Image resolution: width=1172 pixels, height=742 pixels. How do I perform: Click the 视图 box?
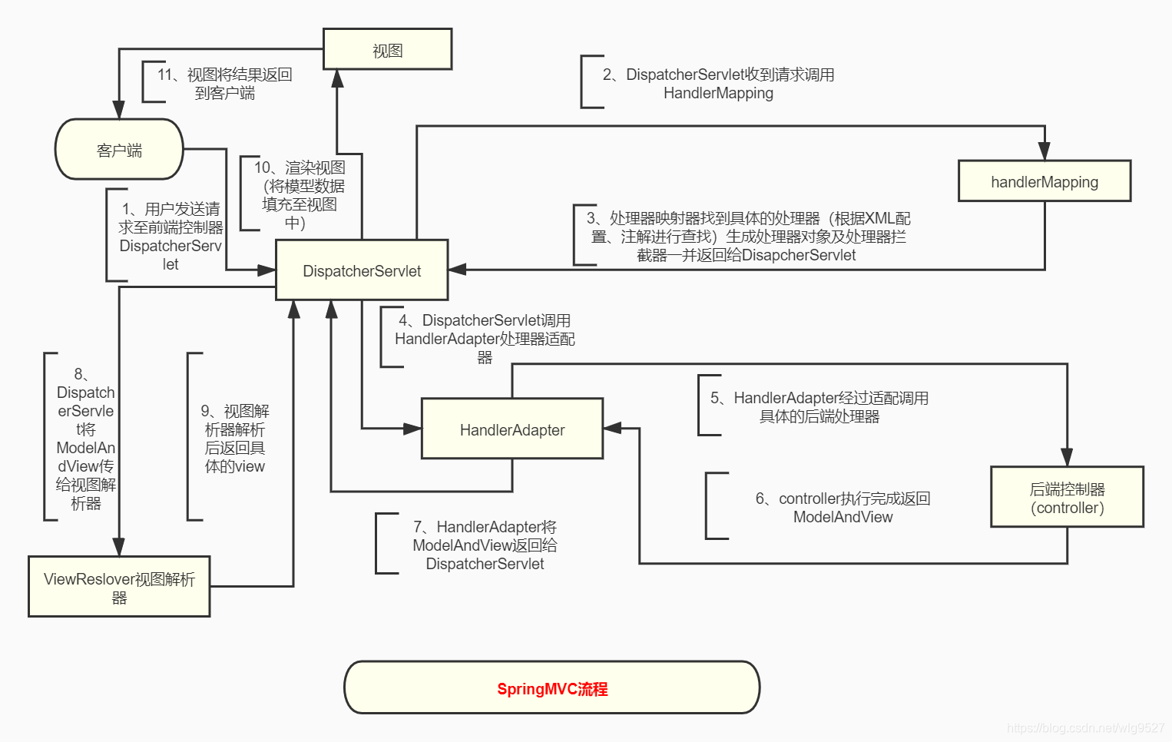[x=387, y=50]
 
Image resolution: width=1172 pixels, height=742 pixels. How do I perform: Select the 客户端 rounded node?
[x=119, y=150]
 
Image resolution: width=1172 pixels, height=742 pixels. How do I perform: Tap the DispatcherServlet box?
[x=362, y=270]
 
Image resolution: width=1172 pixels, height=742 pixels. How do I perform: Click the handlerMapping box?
[x=1045, y=182]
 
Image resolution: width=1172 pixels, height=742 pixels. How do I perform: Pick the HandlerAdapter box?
[x=512, y=429]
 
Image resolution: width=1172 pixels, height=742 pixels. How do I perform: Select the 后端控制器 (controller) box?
[x=1067, y=498]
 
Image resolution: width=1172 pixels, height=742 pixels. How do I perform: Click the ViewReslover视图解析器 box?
[x=119, y=588]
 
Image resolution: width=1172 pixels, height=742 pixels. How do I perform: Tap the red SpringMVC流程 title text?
[x=552, y=689]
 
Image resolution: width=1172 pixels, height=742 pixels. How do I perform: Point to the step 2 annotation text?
[x=718, y=84]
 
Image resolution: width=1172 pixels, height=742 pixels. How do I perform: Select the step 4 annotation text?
[x=485, y=338]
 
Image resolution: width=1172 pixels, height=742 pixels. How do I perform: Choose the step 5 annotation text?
[x=819, y=407]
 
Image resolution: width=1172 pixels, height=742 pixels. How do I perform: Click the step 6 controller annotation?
[x=843, y=508]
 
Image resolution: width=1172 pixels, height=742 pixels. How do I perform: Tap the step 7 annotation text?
[x=485, y=545]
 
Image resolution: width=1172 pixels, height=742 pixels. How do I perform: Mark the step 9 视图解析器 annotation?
[x=234, y=439]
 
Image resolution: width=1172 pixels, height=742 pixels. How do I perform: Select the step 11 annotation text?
[x=224, y=84]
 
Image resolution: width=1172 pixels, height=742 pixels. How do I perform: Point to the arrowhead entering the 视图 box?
[x=336, y=78]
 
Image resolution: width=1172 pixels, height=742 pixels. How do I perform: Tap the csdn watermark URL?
[x=1085, y=727]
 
